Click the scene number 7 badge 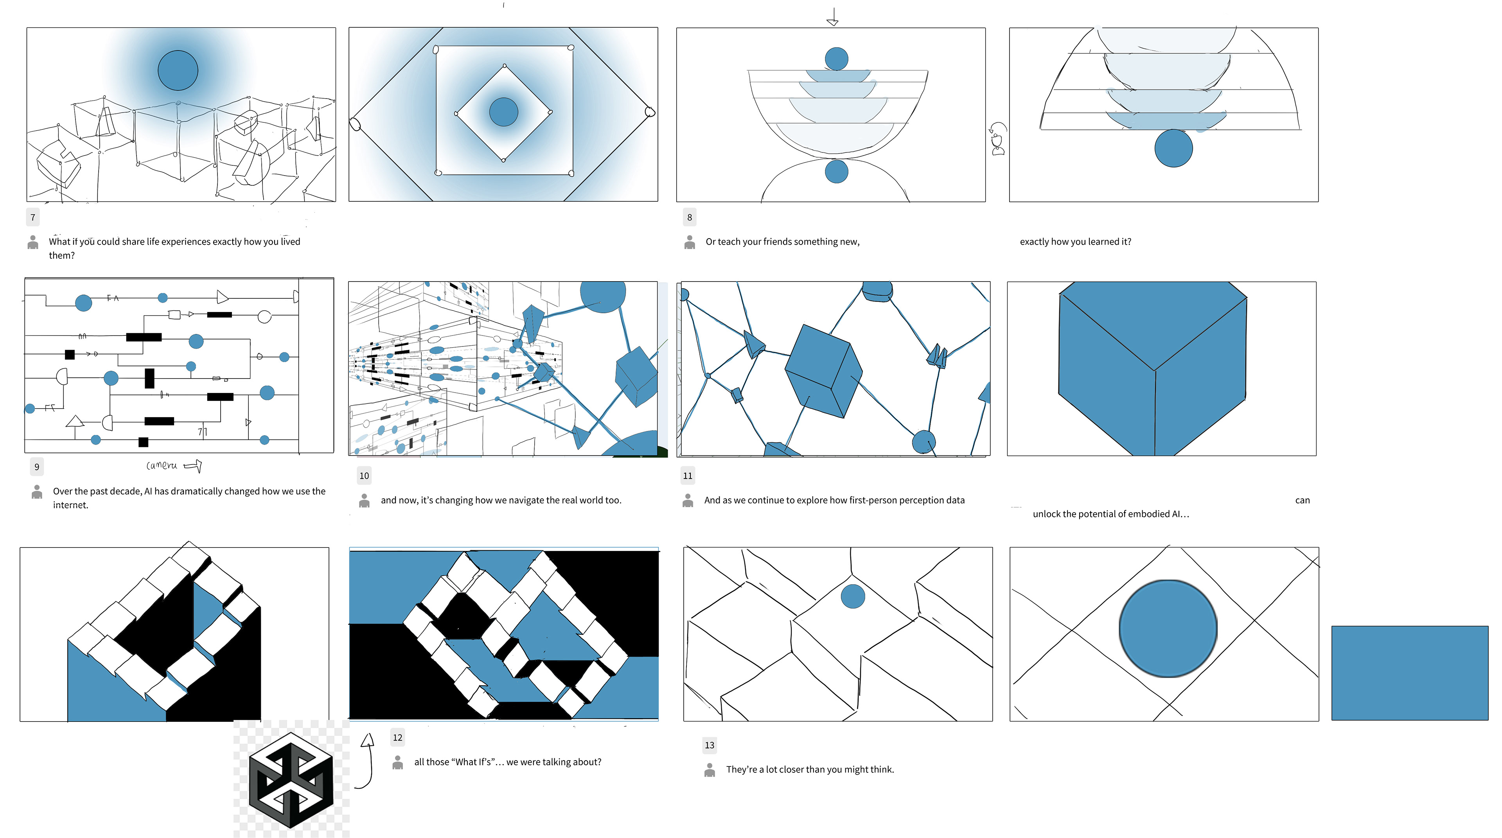[32, 217]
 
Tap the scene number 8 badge [689, 217]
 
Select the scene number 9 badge [37, 467]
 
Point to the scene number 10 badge [364, 476]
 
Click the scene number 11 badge [688, 476]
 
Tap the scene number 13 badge [709, 745]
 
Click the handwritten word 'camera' [162, 465]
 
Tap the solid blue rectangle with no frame [1409, 673]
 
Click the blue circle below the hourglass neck [836, 172]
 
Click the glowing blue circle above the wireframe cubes [178, 70]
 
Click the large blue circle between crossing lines [1168, 628]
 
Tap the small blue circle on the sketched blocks [852, 596]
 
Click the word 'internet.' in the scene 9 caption [70, 505]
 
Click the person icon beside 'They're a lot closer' [710, 770]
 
